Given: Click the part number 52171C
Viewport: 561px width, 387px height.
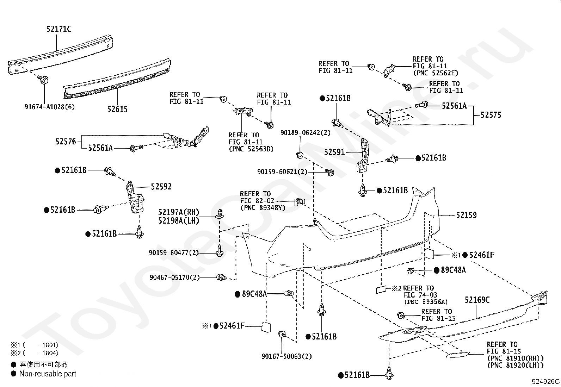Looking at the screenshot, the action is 59,29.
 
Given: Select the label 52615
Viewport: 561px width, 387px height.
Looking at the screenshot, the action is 117,109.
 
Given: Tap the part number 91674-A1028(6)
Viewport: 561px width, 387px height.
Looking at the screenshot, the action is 50,107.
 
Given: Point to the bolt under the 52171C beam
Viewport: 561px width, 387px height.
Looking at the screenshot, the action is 43,79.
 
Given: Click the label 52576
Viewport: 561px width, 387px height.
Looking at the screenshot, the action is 66,142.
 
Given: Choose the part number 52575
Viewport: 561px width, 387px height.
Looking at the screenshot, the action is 491,115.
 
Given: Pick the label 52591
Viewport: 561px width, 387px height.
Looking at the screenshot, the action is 335,152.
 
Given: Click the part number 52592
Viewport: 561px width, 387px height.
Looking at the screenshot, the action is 161,187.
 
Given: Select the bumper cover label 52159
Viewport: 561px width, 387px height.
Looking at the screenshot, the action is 466,215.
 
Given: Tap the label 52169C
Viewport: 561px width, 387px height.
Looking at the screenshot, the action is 477,300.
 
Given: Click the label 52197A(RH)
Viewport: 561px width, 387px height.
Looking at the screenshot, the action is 179,212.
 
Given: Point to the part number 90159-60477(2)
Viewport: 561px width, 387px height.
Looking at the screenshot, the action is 174,253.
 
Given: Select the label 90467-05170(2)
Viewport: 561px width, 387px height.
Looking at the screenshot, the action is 174,277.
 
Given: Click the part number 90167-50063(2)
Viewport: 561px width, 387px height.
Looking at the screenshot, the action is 287,356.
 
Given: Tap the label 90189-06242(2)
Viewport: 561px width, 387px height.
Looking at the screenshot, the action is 306,133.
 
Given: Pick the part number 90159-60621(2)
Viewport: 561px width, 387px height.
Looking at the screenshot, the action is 282,172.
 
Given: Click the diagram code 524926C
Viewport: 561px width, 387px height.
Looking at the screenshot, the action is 545,381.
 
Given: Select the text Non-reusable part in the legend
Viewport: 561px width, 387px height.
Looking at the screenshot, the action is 48,374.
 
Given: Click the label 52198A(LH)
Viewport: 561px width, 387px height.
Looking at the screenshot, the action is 179,221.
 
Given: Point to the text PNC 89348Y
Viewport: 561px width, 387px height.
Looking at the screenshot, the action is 263,208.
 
